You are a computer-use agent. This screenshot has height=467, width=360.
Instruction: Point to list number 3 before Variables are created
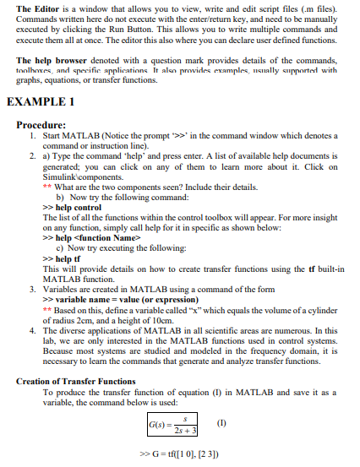[x=30, y=290]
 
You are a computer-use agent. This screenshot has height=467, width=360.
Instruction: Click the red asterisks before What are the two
[x=46, y=187]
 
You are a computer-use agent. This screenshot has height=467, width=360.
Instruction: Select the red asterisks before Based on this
[x=46, y=310]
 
